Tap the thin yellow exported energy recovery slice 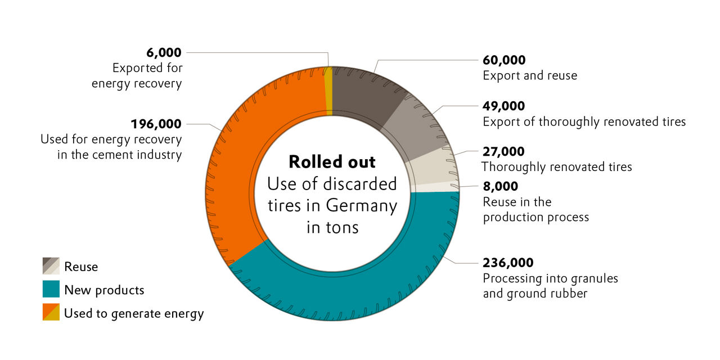(329, 90)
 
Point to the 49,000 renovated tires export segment (416, 129)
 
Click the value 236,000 (508, 263)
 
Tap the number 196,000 (156, 124)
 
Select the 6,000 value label (164, 52)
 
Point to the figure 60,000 (504, 60)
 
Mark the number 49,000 (504, 106)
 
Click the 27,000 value (504, 152)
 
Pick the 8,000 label (501, 186)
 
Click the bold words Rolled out (332, 162)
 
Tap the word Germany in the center (361, 206)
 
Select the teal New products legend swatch (51, 289)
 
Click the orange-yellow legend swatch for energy (51, 312)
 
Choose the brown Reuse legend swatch (51, 265)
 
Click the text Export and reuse (530, 75)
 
